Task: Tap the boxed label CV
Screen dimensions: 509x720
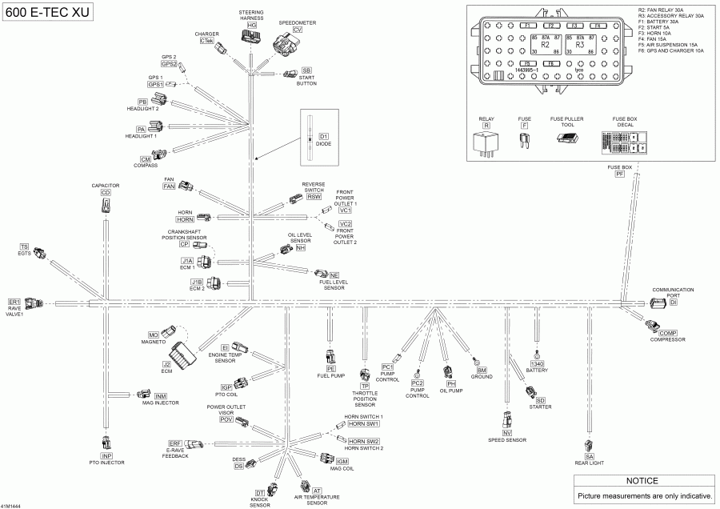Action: coord(298,29)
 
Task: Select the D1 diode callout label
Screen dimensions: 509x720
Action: coord(324,137)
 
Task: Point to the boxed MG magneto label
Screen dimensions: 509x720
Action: coord(154,334)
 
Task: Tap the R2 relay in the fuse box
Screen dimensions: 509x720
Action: coord(545,45)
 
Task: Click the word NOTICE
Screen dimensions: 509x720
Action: coord(642,481)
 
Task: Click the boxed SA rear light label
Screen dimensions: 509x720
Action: coord(590,456)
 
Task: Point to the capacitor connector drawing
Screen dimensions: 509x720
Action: coord(106,206)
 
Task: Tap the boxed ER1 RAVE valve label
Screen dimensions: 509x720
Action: coord(14,301)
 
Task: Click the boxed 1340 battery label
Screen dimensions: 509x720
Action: coord(537,364)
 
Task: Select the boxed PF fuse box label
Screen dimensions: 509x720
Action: coord(619,174)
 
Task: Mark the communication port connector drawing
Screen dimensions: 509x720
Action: coord(657,303)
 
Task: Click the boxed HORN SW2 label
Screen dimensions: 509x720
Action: coord(363,442)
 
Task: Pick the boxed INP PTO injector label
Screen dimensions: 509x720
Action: coord(106,456)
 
